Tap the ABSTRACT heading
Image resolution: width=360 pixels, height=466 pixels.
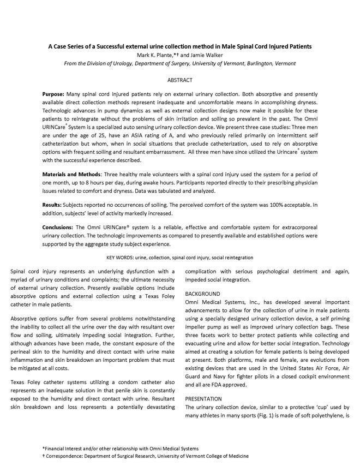179,80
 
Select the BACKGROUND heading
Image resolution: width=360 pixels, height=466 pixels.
203,294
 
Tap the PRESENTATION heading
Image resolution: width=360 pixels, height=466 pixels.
205,398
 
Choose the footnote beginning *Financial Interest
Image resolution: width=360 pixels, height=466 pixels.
121,448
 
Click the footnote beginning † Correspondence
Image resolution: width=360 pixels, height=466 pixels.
146,456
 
